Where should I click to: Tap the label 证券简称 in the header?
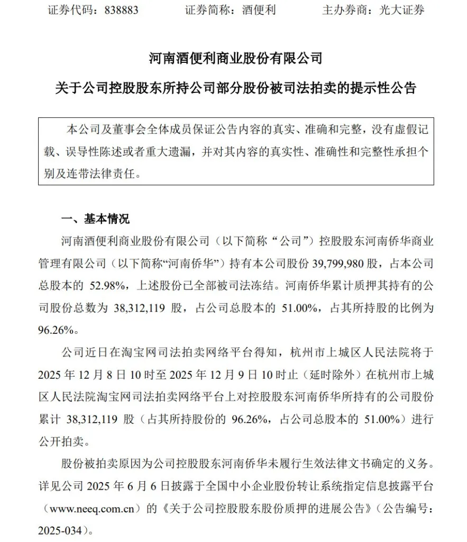[x=207, y=10]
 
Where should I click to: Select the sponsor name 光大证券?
[x=401, y=10]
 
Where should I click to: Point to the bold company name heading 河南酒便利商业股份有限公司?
[x=235, y=58]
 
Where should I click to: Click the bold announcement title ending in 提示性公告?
[x=235, y=88]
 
